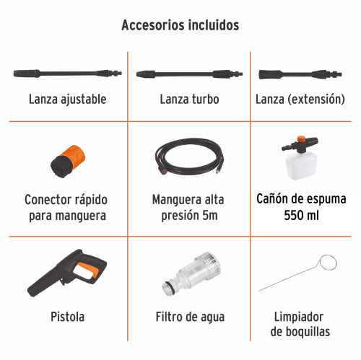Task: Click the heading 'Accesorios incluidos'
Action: (x=180, y=25)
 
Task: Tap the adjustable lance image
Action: (x=61, y=74)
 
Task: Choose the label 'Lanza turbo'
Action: (x=189, y=99)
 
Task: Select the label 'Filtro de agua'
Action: (x=190, y=317)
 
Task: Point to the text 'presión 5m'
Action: (x=189, y=214)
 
